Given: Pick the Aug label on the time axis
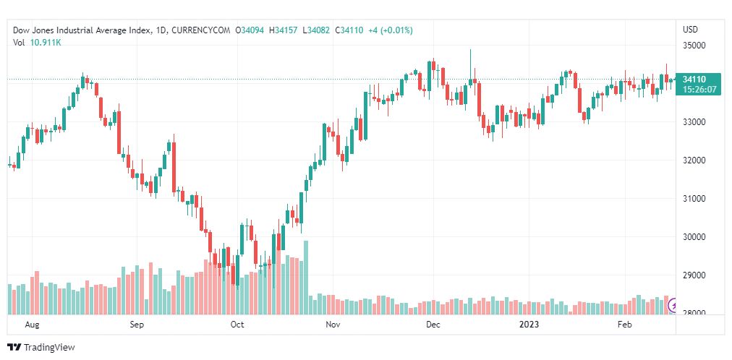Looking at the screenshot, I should coord(31,325).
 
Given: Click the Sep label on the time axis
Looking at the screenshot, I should coord(137,325).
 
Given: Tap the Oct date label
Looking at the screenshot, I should coord(237,325).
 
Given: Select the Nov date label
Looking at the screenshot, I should coord(333,325).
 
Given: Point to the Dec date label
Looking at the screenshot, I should coord(433,325).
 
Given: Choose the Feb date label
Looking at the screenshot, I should coord(626,325).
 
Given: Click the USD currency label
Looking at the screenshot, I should coord(690,30).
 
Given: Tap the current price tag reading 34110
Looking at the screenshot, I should coord(694,80).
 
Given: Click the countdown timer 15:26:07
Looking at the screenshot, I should coord(700,90).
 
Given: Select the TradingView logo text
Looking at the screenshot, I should coord(49,348).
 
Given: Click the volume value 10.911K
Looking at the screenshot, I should coord(46,43).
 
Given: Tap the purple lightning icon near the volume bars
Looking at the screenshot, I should coord(673,305).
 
